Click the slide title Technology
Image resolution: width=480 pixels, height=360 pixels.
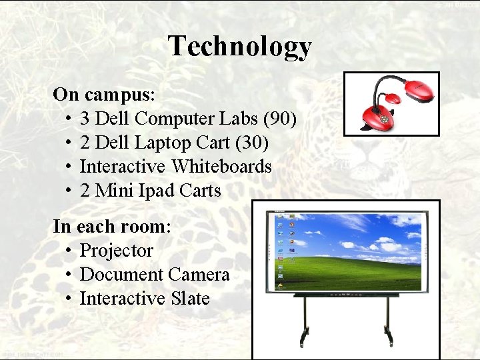point(239,46)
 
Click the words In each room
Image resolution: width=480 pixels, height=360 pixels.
point(111,227)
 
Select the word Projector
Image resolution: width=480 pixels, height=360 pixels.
point(116,251)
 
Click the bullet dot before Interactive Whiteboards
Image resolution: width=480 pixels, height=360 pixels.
point(69,167)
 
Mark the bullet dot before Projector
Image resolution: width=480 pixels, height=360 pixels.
point(69,251)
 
